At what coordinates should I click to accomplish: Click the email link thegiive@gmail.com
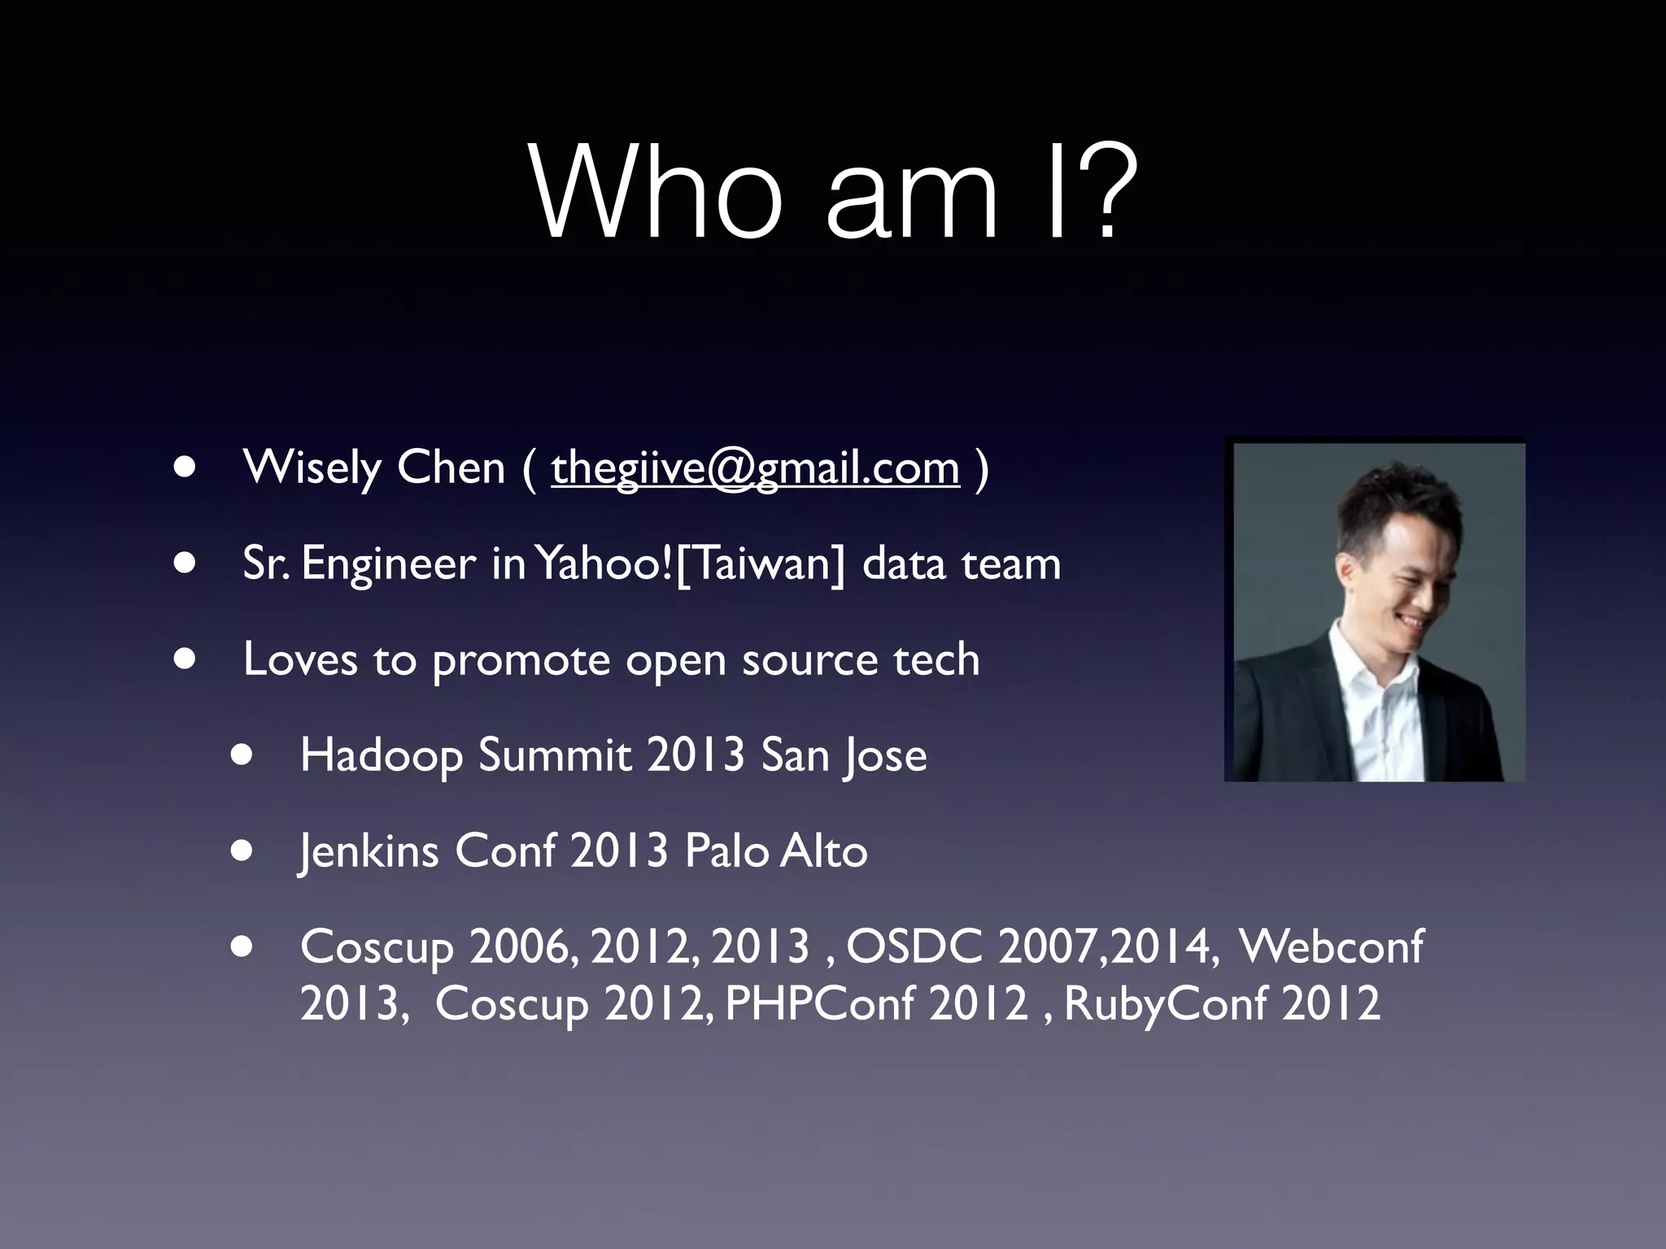tap(755, 469)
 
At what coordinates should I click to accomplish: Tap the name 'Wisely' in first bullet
tap(312, 469)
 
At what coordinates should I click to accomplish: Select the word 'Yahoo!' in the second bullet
tap(604, 564)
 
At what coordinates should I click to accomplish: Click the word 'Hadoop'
tap(381, 755)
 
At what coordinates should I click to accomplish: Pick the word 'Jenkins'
tap(369, 851)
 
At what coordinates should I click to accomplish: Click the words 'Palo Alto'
tap(776, 851)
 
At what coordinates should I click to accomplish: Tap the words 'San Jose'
tap(844, 755)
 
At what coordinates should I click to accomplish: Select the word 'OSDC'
tap(914, 947)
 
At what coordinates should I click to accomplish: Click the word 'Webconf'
tap(1331, 947)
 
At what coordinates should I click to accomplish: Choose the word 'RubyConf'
tap(1165, 1003)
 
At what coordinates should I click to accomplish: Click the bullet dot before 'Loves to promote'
tap(185, 659)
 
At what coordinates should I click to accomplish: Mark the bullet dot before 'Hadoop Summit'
tap(242, 755)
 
